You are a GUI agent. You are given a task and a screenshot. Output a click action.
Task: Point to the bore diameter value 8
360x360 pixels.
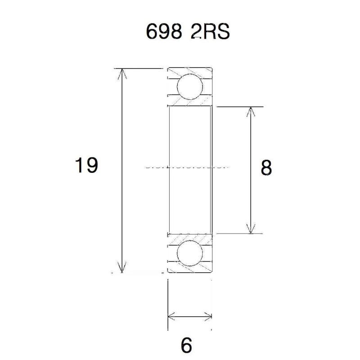(x=266, y=168)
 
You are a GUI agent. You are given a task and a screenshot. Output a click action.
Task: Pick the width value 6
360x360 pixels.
(x=186, y=345)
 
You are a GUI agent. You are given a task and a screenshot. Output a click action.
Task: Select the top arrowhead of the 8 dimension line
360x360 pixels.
(x=251, y=112)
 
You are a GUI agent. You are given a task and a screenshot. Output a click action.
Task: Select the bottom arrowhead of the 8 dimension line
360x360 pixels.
(x=251, y=229)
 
